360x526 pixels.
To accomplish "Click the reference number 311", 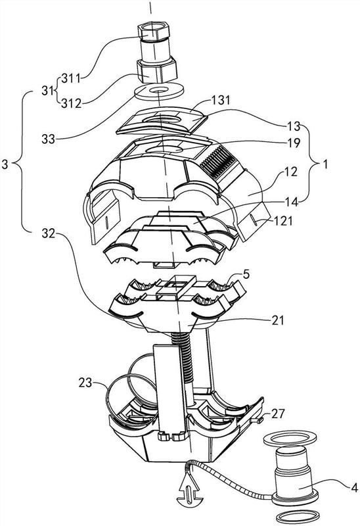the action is pyautogui.click(x=71, y=79).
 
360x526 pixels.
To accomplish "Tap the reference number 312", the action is pyautogui.click(x=71, y=104).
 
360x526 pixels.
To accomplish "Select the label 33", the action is pyautogui.click(x=48, y=139).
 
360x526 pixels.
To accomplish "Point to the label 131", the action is pyautogui.click(x=221, y=100).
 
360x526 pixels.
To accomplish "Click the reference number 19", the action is pyautogui.click(x=293, y=143).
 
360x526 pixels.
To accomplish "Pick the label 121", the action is pyautogui.click(x=283, y=221).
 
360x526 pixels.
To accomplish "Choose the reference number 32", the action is pyautogui.click(x=48, y=233).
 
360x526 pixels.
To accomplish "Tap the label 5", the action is pyautogui.click(x=246, y=275).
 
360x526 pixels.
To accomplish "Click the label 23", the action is pyautogui.click(x=85, y=383).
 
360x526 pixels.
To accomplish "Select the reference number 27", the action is pyautogui.click(x=278, y=414).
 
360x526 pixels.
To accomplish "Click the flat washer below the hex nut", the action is pyautogui.click(x=159, y=91).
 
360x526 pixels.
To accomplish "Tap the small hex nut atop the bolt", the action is pyautogui.click(x=154, y=33).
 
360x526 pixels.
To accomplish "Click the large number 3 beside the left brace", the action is pyautogui.click(x=5, y=165).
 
